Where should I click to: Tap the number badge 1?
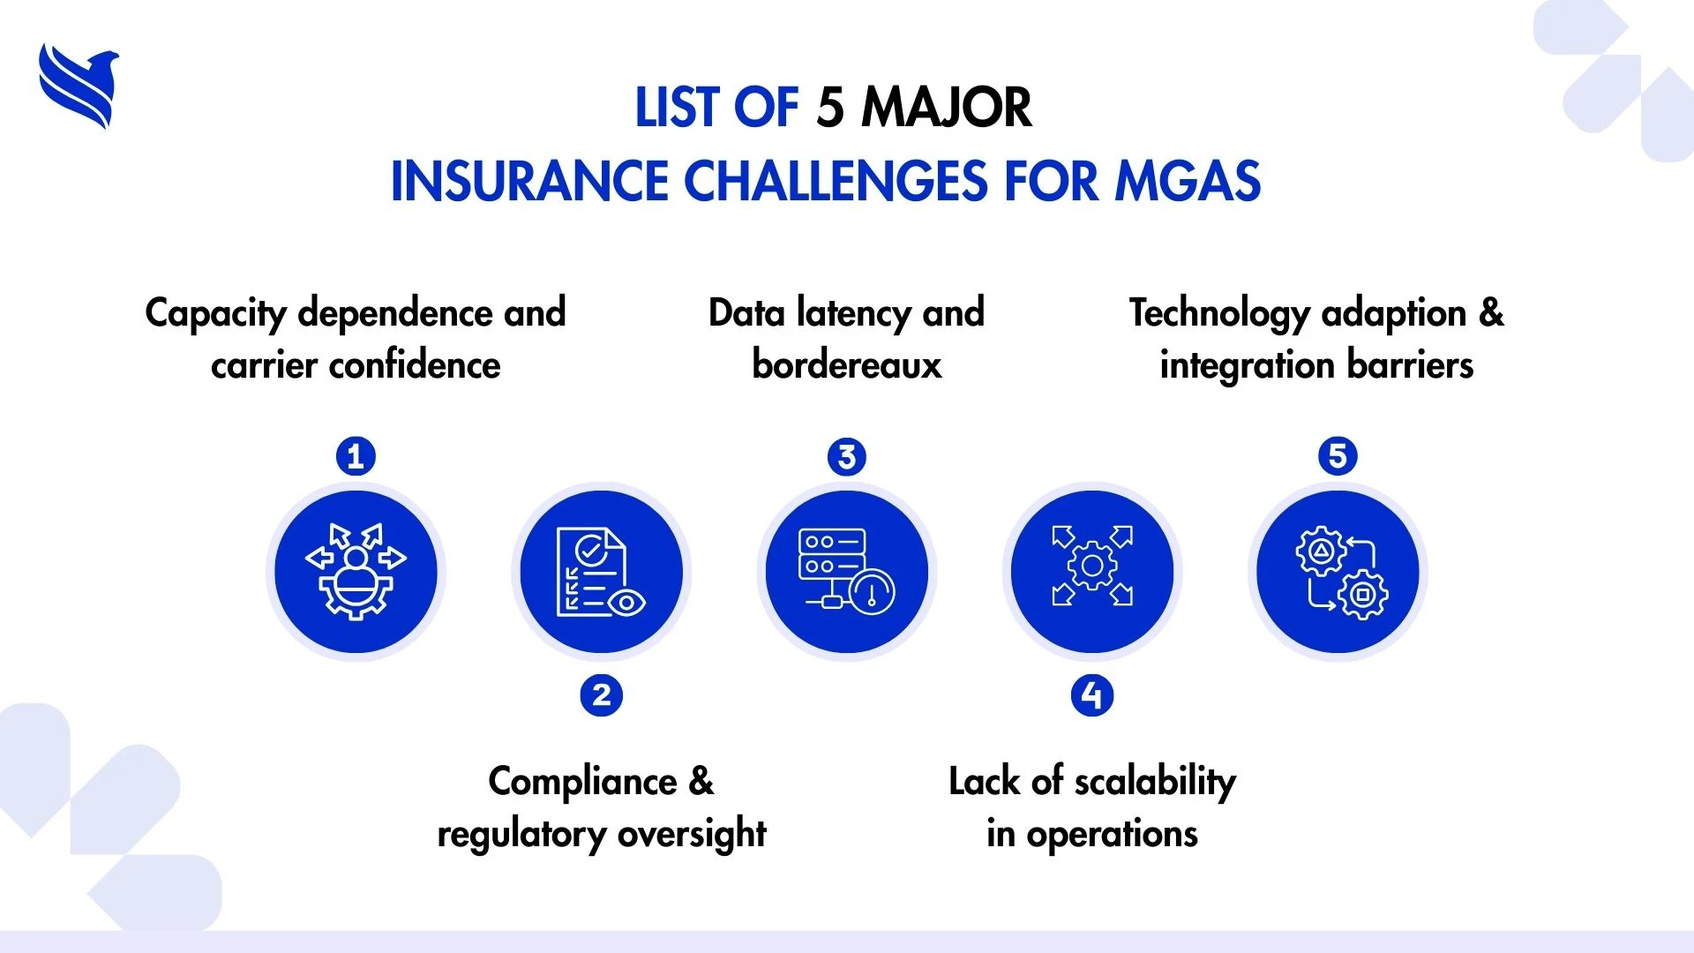tap(356, 456)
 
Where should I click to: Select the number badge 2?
tap(602, 695)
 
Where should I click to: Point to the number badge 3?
tap(847, 456)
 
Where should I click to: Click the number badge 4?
tap(1092, 695)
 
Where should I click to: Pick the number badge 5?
tap(1338, 456)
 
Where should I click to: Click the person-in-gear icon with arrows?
tap(356, 572)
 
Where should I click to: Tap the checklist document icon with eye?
tap(601, 572)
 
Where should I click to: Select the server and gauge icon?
tap(847, 572)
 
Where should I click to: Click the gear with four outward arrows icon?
tap(1092, 566)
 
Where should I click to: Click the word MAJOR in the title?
tap(947, 108)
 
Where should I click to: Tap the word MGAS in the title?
tap(1188, 181)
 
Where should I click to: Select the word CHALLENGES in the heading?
tap(836, 181)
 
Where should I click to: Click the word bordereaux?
tap(847, 364)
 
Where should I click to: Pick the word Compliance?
tap(583, 782)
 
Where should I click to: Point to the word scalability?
tap(1156, 782)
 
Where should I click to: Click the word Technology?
tap(1219, 314)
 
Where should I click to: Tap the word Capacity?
tap(216, 314)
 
